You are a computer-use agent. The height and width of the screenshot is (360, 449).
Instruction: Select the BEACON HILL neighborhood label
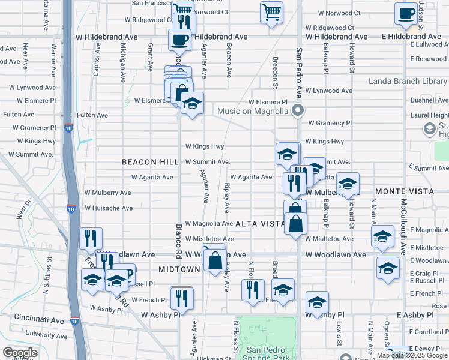150,162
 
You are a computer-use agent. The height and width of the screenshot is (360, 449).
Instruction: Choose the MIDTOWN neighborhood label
179,269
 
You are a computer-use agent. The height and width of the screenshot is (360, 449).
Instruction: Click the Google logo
20,353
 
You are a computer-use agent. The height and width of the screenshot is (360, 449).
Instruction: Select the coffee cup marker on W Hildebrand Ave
179,40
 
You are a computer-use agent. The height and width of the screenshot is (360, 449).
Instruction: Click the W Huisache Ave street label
109,208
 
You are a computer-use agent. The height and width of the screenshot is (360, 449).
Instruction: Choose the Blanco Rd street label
178,242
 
